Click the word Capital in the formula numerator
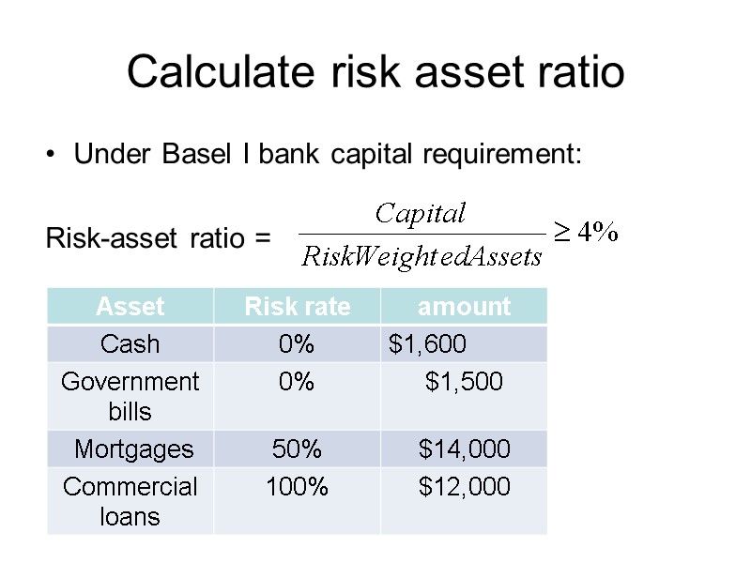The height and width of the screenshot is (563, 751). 420,214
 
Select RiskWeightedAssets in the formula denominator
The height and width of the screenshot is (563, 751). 421,255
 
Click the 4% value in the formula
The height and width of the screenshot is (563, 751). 597,234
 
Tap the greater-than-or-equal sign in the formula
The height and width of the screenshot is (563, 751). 559,234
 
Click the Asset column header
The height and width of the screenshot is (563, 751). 130,306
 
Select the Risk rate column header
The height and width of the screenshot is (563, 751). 297,306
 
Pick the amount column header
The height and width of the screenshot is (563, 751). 464,306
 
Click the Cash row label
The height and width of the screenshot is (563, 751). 130,344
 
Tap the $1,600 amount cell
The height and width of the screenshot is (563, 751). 427,344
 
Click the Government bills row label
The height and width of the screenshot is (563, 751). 130,396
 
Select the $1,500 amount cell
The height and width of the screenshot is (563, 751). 464,382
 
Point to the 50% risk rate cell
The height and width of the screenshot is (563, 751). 297,449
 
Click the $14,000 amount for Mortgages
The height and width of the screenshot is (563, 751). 464,449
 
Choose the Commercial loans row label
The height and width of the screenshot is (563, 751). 130,501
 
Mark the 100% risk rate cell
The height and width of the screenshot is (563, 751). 297,487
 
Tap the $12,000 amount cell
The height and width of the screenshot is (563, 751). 464,487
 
